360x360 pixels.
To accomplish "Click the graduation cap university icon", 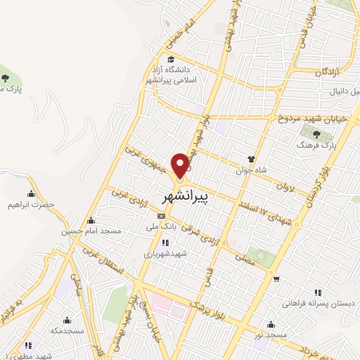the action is (171, 58).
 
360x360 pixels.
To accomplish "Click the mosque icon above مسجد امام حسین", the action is (90, 218).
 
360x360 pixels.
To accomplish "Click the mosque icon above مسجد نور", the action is (271, 324).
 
